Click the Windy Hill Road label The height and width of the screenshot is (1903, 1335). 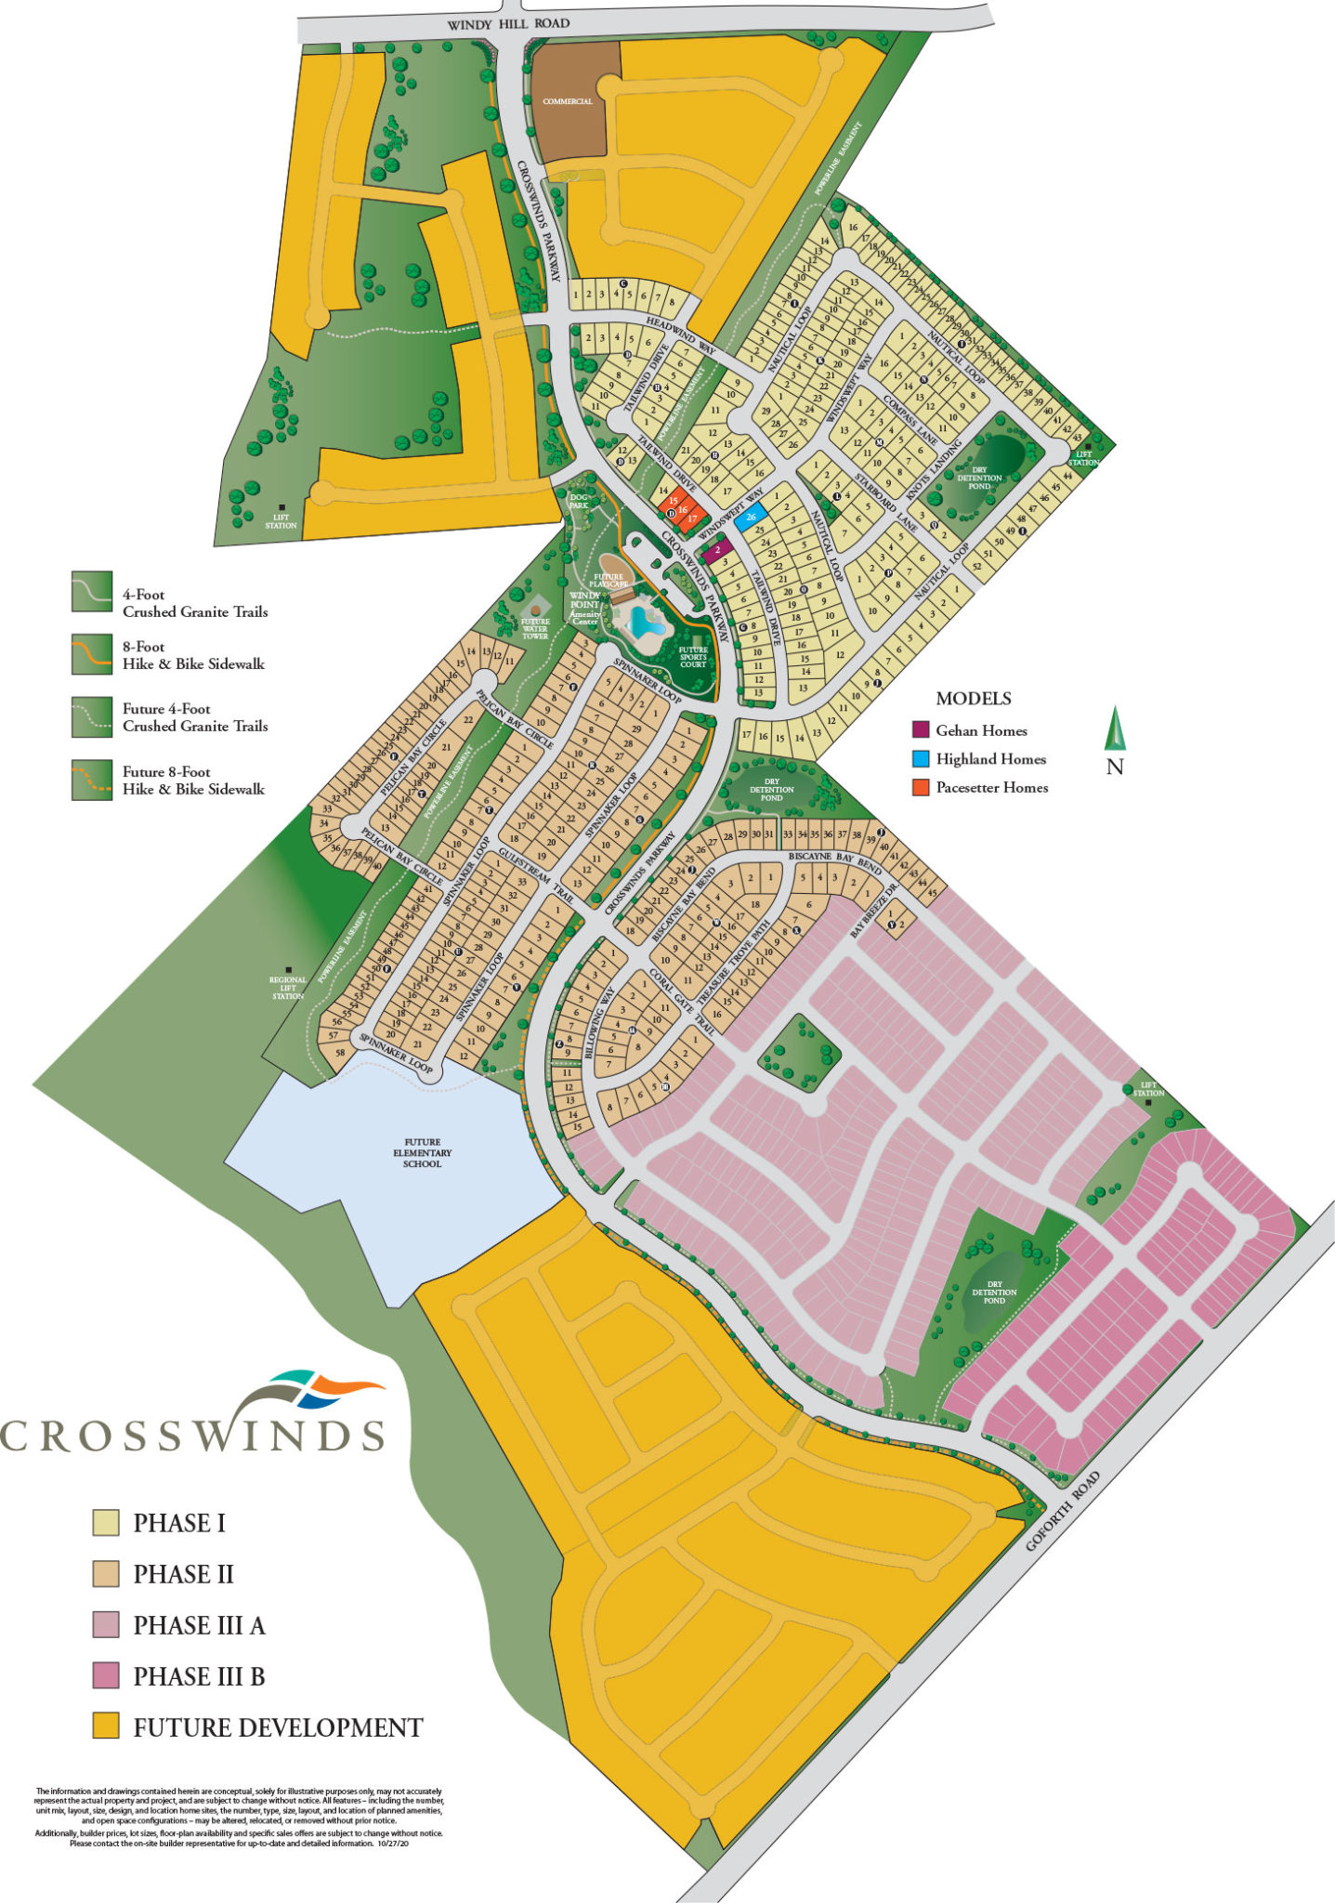click(x=508, y=24)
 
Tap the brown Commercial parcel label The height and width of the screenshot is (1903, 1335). click(x=568, y=101)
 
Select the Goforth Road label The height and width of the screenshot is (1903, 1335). click(x=1063, y=1511)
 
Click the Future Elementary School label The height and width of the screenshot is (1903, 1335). click(x=422, y=1153)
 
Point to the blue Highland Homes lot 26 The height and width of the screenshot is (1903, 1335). click(x=751, y=517)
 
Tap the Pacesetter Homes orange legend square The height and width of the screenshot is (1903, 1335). click(x=921, y=787)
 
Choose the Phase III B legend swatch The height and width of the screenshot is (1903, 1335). click(x=106, y=1676)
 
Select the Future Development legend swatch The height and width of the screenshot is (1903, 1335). click(x=106, y=1727)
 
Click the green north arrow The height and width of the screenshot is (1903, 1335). click(x=1115, y=728)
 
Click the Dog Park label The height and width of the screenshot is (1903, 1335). click(x=579, y=501)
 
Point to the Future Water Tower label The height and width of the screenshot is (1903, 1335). click(x=535, y=629)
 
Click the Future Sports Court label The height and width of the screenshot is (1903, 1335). click(x=693, y=657)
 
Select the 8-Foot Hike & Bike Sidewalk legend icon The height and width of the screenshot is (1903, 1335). click(x=92, y=654)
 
